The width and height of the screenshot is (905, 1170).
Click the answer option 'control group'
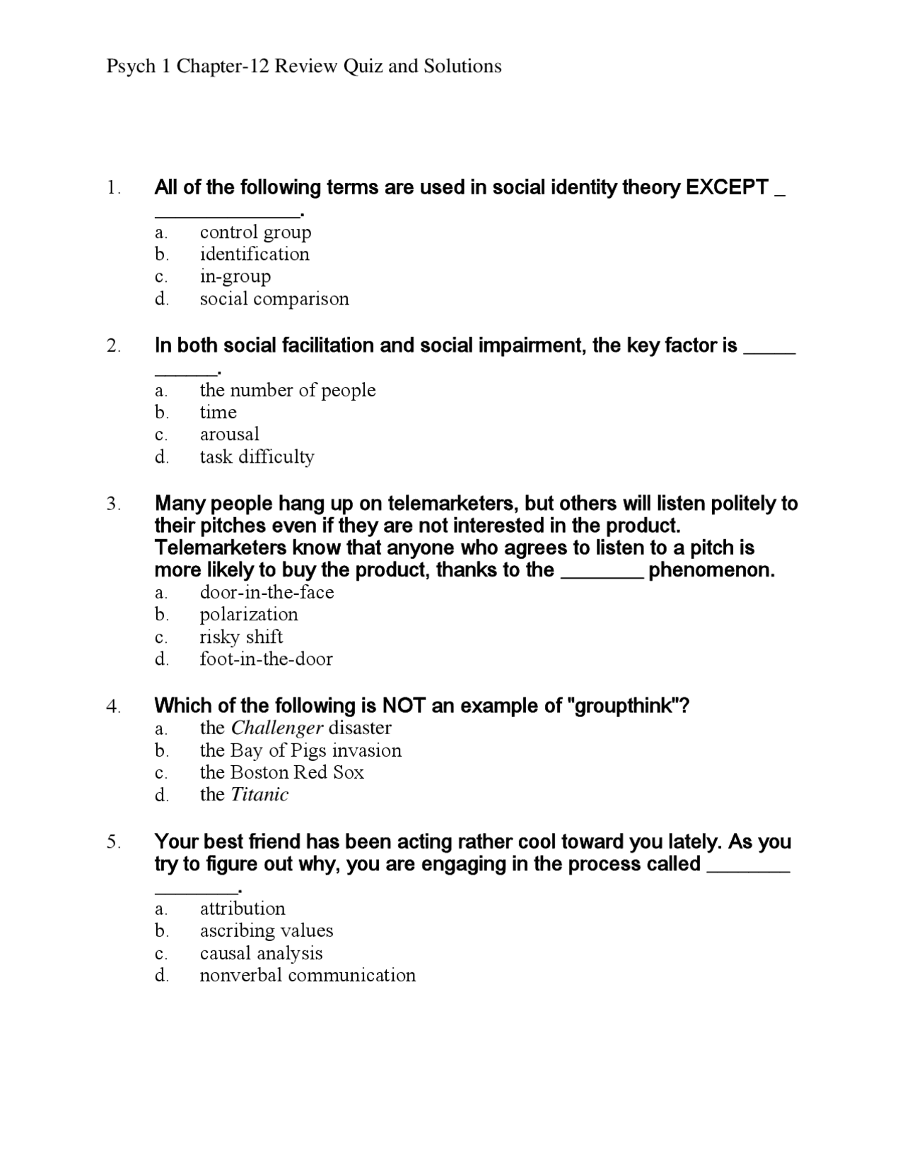(255, 232)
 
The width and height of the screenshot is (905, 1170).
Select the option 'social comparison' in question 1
(274, 299)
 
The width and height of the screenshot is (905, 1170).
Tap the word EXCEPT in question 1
(728, 188)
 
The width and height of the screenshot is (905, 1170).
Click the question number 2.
(114, 346)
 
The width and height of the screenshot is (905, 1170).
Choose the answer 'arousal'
(229, 434)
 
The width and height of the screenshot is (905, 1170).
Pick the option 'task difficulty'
(257, 457)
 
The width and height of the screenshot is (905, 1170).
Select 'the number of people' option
(287, 390)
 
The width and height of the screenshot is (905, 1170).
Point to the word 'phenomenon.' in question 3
(711, 570)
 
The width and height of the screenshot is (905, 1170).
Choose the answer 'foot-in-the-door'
(266, 659)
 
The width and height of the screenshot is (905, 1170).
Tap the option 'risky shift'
(241, 637)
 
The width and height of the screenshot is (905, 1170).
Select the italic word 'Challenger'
(277, 728)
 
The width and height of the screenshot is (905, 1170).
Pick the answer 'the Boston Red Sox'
(281, 772)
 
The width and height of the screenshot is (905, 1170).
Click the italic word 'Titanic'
(259, 795)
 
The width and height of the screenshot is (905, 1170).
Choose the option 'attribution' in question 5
(243, 909)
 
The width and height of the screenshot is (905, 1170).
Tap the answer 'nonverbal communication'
(308, 976)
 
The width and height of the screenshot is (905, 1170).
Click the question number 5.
(114, 842)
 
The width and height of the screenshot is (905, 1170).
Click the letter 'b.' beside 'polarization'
(162, 615)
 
